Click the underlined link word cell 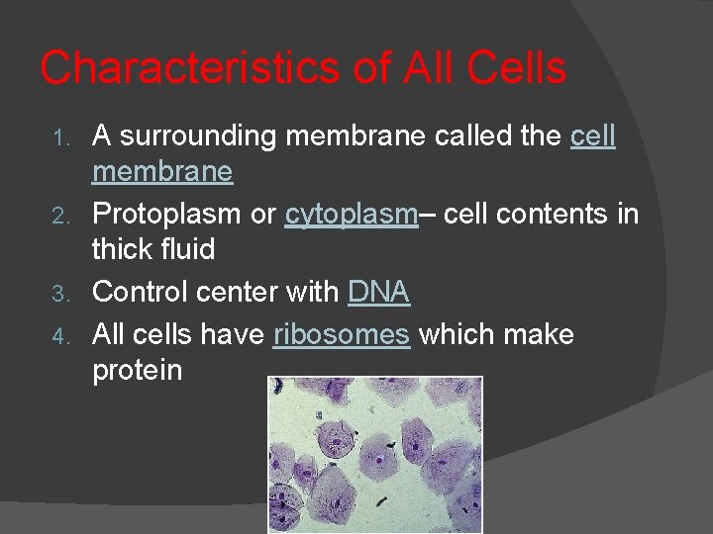593,136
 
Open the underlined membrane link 162,172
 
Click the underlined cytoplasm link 351,215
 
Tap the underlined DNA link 378,292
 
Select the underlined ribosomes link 341,334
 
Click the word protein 137,371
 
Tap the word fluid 189,249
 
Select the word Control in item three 140,292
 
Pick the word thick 123,249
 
